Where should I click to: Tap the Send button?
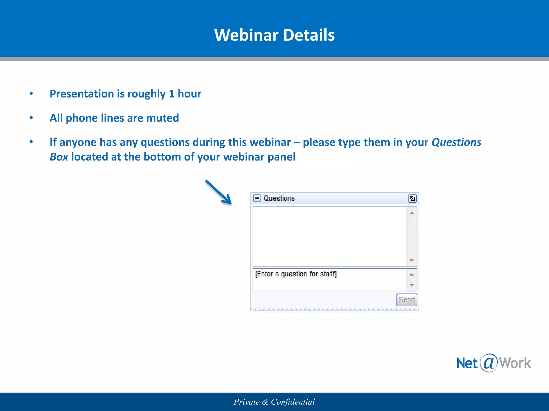point(406,300)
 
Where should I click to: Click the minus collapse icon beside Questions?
point(257,198)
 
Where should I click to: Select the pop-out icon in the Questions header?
point(412,198)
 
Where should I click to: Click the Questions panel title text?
point(279,198)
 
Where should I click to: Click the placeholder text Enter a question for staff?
point(296,274)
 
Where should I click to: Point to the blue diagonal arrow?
point(218,192)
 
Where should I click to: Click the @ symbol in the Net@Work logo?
point(488,363)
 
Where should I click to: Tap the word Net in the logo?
point(467,363)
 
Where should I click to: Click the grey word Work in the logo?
point(515,363)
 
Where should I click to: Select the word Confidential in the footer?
point(293,402)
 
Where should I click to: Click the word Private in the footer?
point(247,402)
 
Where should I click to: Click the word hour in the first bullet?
point(189,94)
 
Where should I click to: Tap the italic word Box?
point(59,157)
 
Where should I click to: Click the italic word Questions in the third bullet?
point(456,142)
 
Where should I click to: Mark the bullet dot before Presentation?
point(31,93)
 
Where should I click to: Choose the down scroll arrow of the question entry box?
point(412,285)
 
